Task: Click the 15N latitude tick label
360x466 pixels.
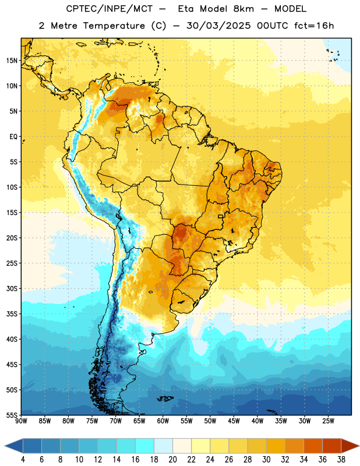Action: (12, 61)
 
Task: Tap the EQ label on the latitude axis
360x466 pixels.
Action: (13, 137)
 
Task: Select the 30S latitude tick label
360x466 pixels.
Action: (12, 288)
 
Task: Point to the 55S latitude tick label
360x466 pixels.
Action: (12, 415)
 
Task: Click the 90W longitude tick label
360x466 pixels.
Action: (21, 421)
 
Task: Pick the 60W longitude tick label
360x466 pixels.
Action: (163, 421)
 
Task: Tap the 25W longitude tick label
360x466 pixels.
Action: (328, 421)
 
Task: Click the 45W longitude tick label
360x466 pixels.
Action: (234, 421)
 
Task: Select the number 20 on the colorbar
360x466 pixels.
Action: (172, 460)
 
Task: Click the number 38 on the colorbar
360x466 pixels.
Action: (341, 460)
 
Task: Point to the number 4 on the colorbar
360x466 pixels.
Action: (23, 460)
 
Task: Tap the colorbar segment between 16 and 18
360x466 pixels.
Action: (144, 446)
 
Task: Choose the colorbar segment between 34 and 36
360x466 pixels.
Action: (313, 446)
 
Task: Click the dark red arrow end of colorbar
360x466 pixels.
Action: (350, 446)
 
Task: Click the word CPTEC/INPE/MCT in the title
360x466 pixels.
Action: (110, 9)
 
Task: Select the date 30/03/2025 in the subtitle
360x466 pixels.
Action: (219, 26)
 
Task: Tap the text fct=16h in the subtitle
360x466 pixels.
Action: (314, 26)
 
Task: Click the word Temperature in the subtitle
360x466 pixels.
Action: (114, 26)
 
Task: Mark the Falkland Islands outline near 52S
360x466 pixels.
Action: (165, 398)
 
